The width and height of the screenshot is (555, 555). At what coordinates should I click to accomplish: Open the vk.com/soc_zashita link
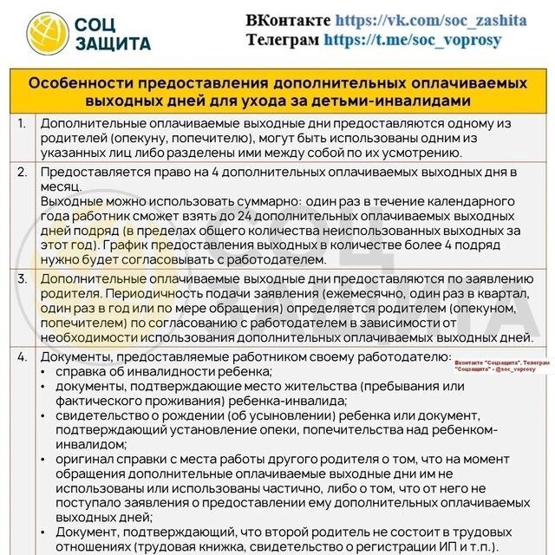click(431, 19)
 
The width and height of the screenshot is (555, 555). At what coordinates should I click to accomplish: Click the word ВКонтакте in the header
click(288, 19)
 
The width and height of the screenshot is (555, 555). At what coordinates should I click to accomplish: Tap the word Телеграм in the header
click(283, 39)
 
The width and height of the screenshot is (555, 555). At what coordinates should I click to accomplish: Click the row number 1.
click(22, 124)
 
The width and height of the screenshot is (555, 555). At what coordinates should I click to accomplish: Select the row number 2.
click(22, 173)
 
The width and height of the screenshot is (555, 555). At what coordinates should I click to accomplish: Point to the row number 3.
click(22, 278)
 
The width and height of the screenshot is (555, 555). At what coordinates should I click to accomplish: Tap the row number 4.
click(22, 356)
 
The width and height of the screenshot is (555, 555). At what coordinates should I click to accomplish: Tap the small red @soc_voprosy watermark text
click(509, 368)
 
